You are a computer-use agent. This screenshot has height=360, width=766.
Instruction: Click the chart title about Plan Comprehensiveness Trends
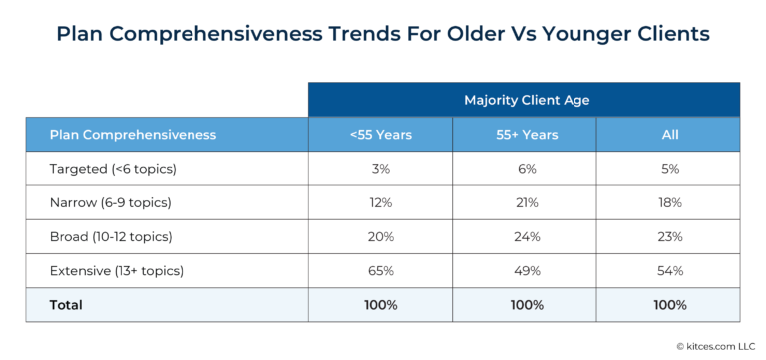[383, 34]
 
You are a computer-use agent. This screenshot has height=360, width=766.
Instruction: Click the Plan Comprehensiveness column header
[133, 134]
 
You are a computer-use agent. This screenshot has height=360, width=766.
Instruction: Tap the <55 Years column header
[380, 134]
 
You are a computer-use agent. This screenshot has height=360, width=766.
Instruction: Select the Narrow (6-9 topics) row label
[110, 202]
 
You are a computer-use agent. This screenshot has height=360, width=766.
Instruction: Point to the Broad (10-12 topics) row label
[112, 236]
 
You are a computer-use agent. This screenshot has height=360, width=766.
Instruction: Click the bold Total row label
[66, 304]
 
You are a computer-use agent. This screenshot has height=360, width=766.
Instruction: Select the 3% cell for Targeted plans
[380, 169]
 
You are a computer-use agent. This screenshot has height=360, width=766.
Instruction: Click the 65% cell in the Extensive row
[380, 270]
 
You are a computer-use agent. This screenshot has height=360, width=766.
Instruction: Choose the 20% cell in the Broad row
[380, 236]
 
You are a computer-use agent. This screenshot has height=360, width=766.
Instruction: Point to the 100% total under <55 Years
[380, 304]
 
